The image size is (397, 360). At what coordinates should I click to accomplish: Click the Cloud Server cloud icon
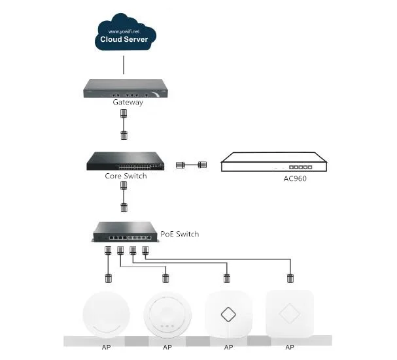point(126,33)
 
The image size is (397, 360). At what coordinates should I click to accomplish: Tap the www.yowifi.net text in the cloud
point(124,31)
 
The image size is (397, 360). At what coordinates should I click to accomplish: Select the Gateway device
point(126,88)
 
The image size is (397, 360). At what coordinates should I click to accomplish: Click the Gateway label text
point(128,102)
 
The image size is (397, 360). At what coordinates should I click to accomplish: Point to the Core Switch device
point(126,161)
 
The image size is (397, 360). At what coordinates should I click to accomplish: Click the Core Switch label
point(126,176)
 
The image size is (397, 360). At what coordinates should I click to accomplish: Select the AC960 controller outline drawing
point(274,162)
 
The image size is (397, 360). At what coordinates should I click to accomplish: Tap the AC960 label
point(295,178)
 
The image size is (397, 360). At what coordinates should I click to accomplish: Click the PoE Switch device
point(126,232)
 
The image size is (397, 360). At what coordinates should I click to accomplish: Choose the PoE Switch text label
point(180,234)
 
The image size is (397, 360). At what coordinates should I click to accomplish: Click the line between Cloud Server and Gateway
point(124,65)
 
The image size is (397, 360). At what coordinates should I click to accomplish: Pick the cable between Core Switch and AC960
point(191,165)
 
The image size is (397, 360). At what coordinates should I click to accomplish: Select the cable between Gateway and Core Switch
point(124,124)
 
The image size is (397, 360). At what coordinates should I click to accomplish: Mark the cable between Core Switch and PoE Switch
point(124,197)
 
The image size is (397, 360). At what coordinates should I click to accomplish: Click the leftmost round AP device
point(107,314)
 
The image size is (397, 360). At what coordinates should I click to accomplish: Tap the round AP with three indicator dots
point(167,314)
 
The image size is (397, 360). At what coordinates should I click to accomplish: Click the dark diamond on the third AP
point(228,314)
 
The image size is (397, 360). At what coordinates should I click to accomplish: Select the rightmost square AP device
point(290,314)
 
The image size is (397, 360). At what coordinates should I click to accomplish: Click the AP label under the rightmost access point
point(290,347)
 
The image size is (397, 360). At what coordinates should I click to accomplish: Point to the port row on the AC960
point(301,167)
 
